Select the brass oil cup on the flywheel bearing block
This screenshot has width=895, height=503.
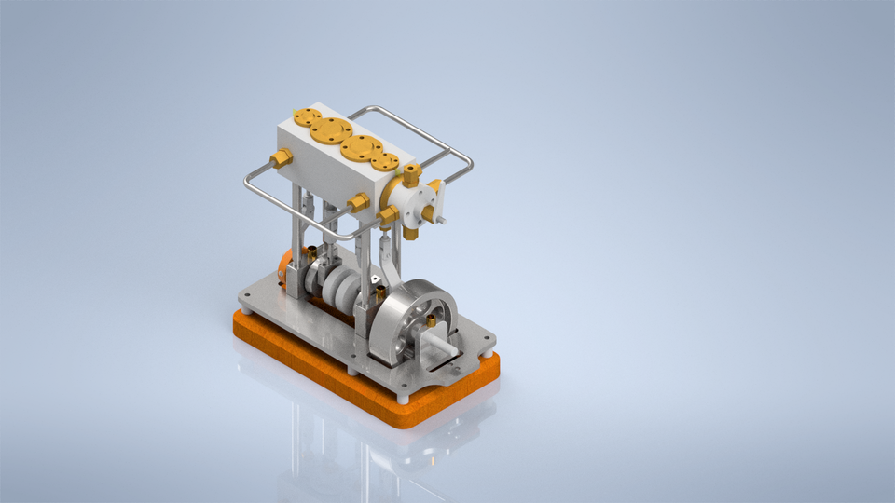[x=431, y=319]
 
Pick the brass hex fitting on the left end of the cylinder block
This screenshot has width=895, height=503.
[x=281, y=159]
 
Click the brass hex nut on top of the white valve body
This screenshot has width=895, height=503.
[x=410, y=172]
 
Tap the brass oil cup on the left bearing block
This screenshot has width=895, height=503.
[x=310, y=251]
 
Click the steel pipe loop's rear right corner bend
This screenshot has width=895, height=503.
[x=466, y=159]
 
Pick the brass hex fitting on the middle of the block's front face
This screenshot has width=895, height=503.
[x=356, y=202]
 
